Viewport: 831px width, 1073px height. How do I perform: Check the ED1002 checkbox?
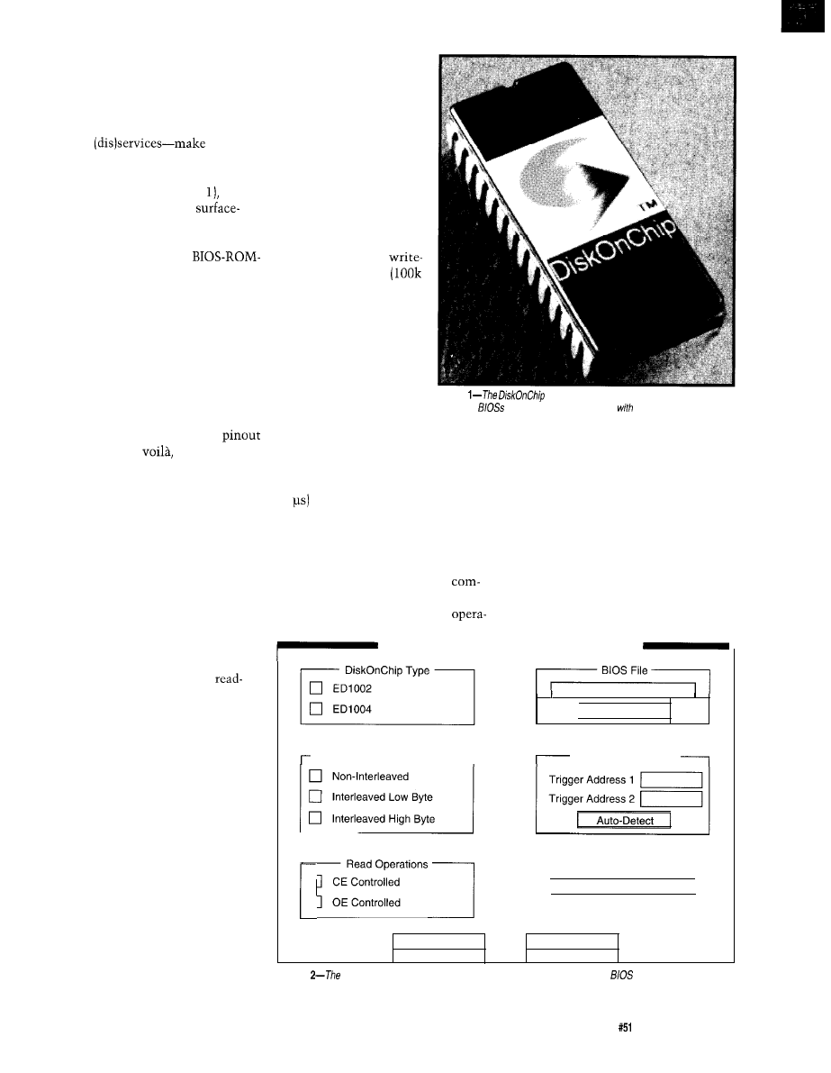click(x=316, y=689)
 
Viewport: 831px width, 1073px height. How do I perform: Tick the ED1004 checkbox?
click(x=316, y=709)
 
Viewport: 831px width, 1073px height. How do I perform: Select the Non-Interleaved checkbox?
click(x=316, y=775)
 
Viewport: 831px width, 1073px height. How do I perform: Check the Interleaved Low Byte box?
click(x=316, y=796)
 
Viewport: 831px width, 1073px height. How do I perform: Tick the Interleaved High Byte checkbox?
click(x=316, y=818)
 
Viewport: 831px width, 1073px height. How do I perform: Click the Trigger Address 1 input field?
click(x=667, y=779)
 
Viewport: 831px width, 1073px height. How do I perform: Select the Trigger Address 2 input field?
click(x=667, y=799)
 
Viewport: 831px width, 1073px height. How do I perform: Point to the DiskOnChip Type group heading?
click(x=386, y=670)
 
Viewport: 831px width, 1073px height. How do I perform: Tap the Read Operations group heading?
click(x=387, y=863)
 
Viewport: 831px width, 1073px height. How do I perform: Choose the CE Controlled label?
click(x=366, y=882)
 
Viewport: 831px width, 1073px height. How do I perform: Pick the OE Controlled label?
click(x=366, y=903)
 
